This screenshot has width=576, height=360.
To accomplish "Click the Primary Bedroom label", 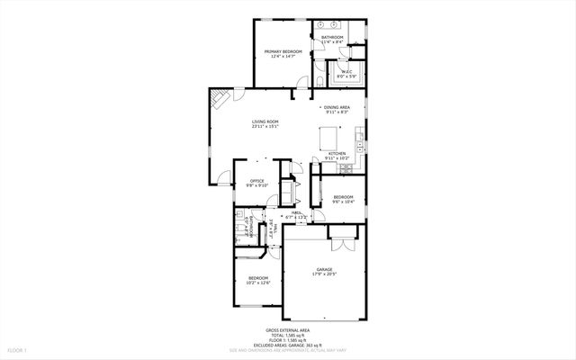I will (x=283, y=52).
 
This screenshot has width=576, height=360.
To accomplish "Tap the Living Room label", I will (x=265, y=121).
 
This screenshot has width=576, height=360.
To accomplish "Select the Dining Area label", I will (x=337, y=108).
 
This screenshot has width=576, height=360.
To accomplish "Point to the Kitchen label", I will (x=337, y=154).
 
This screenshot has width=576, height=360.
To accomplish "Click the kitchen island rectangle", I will (x=329, y=139).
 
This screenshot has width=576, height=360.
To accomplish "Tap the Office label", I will (x=256, y=181).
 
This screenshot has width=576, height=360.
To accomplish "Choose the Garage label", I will (x=323, y=269).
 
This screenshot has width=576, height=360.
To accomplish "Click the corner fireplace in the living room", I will (x=218, y=98).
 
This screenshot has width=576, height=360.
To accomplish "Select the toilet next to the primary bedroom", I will (x=320, y=83).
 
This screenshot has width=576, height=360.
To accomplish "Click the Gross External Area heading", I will (x=287, y=330).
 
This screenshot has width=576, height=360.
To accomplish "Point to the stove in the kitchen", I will (x=358, y=144).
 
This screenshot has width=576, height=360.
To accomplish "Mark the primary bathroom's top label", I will (x=332, y=37).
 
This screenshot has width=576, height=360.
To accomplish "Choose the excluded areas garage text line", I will (x=288, y=345).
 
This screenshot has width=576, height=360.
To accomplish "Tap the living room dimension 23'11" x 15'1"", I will (x=265, y=127).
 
